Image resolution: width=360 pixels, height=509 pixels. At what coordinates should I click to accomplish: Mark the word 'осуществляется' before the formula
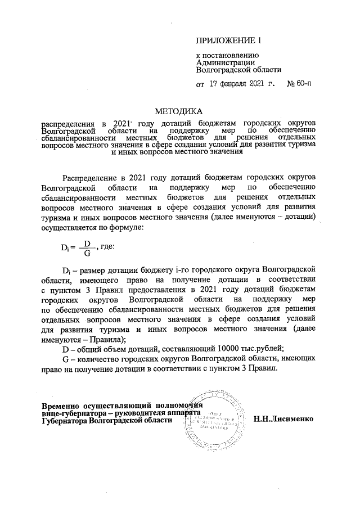70,228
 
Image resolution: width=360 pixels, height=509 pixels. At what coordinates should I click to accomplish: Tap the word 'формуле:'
128,228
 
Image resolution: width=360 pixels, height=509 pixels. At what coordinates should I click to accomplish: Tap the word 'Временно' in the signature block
61,404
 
